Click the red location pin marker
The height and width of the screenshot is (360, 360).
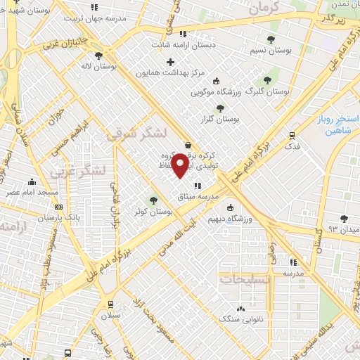click(x=181, y=165)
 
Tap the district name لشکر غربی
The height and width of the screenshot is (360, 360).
click(x=84, y=171)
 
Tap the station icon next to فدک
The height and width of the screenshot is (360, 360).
click(x=292, y=135)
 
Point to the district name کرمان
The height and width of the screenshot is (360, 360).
click(x=266, y=7)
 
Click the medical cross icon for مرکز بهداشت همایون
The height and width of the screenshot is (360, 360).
click(x=170, y=62)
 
